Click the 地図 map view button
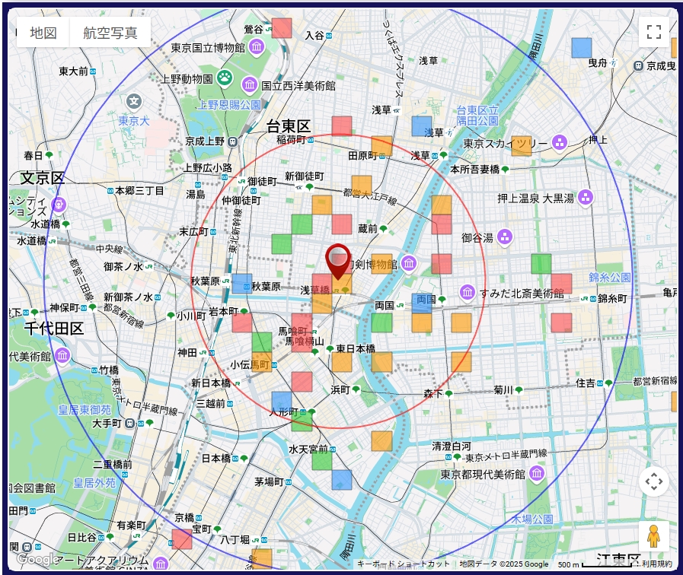pyautogui.click(x=43, y=33)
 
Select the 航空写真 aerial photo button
pyautogui.click(x=110, y=33)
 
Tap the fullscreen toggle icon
pyautogui.click(x=653, y=32)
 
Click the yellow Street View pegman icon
pyautogui.click(x=653, y=537)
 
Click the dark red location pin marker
pyautogui.click(x=338, y=261)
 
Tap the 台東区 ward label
pyautogui.click(x=289, y=126)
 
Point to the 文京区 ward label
pyautogui.click(x=43, y=178)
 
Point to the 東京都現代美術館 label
pyautogui.click(x=483, y=474)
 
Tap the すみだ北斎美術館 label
pyautogui.click(x=522, y=294)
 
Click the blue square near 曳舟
pyautogui.click(x=582, y=48)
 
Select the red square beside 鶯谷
pyautogui.click(x=282, y=28)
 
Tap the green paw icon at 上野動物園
pyautogui.click(x=225, y=77)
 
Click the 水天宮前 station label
pyautogui.click(x=308, y=449)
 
